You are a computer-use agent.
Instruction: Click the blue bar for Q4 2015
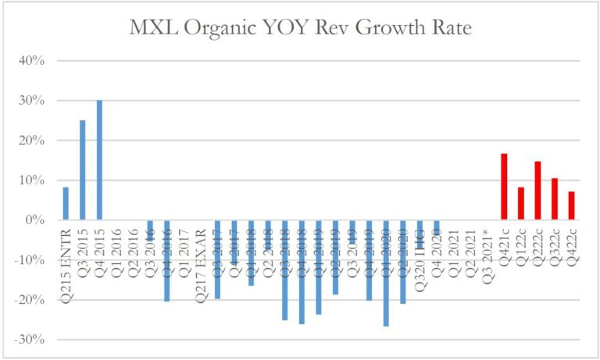point(99,160)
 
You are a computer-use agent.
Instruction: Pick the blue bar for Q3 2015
point(83,170)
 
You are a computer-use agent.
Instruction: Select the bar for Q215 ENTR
point(66,204)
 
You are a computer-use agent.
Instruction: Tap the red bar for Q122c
point(521,204)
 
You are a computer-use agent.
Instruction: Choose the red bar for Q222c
point(537,191)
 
